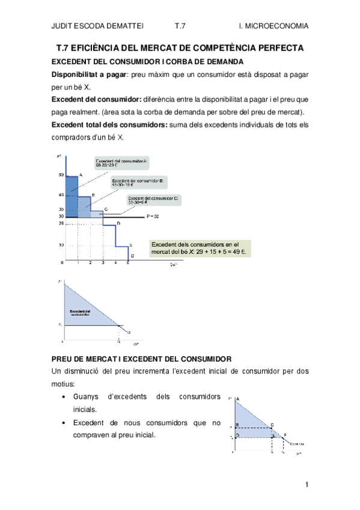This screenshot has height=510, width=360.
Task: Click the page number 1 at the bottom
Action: click(x=306, y=485)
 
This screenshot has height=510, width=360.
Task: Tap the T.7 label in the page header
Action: click(x=180, y=26)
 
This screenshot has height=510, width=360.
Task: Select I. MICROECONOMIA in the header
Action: click(x=273, y=26)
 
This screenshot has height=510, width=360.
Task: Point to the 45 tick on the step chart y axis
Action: click(x=61, y=195)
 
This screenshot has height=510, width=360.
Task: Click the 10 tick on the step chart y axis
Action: click(x=61, y=245)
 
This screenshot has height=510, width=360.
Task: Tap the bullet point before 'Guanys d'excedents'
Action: click(x=64, y=398)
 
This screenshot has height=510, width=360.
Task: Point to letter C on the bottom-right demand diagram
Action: click(x=272, y=425)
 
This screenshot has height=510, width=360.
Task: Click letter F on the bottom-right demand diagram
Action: click(x=285, y=434)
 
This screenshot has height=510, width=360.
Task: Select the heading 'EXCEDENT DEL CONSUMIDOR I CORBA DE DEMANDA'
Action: click(x=147, y=61)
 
